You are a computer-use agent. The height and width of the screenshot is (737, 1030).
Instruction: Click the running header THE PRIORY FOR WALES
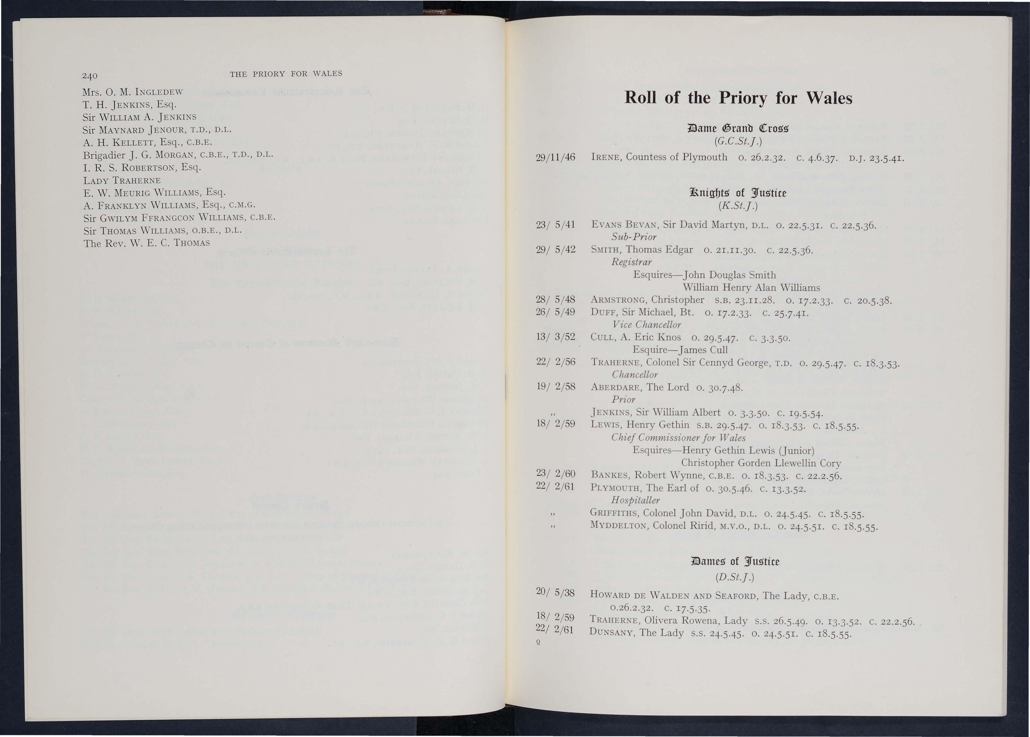[x=286, y=73]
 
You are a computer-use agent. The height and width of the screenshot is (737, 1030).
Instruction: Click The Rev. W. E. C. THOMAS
[x=147, y=243]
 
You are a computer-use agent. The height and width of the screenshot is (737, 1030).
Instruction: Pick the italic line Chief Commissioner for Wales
[x=678, y=438]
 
